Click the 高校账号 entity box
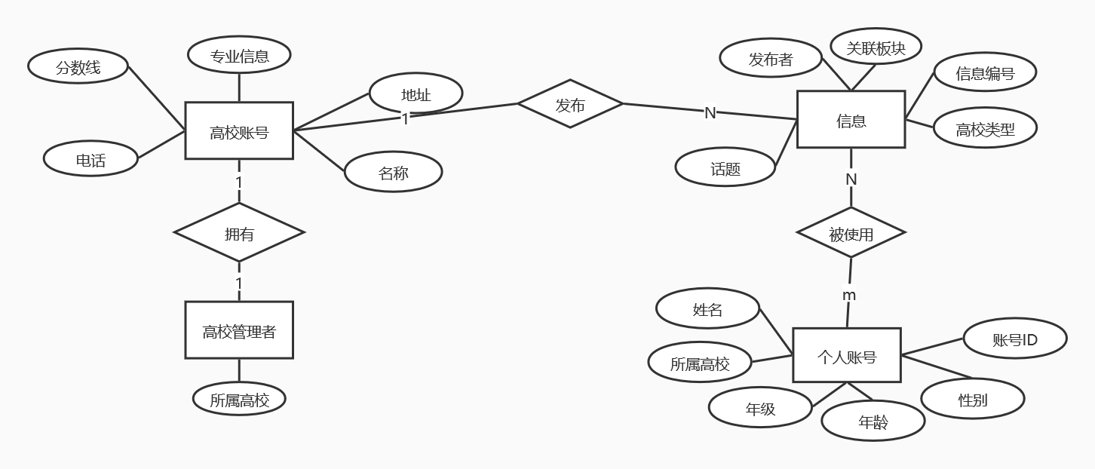[239, 132]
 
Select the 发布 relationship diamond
[570, 105]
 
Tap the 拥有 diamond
[239, 233]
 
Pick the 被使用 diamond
[851, 234]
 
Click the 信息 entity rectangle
[851, 120]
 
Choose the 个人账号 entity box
[846, 356]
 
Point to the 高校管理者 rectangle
[239, 330]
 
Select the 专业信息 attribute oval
[239, 55]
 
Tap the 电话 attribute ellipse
[90, 159]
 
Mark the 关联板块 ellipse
[876, 48]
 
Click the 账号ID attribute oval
[1015, 339]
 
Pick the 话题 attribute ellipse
[725, 168]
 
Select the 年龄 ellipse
[873, 421]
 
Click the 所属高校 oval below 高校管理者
[239, 399]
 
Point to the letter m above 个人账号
[849, 295]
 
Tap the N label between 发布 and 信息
[710, 112]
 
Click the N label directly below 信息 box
[851, 179]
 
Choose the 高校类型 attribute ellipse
[985, 129]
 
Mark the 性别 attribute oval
[973, 399]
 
